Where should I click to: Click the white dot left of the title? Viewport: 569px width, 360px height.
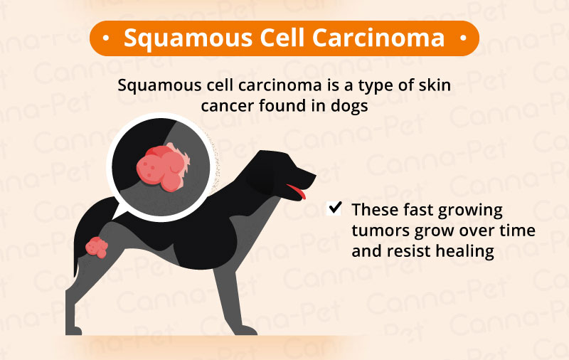106,38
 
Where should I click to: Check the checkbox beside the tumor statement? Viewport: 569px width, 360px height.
334,209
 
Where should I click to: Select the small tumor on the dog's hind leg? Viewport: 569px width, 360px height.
97,248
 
